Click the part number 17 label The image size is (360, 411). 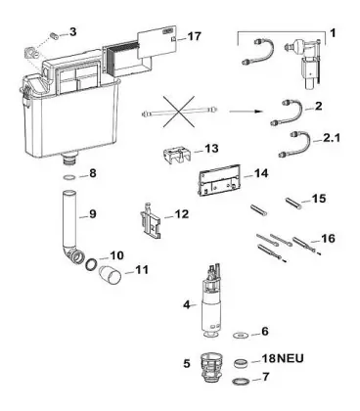pyautogui.click(x=195, y=36)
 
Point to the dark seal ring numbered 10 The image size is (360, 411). pyautogui.click(x=91, y=263)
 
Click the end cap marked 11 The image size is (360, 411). pyautogui.click(x=111, y=275)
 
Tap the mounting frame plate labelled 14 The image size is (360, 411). pyautogui.click(x=219, y=180)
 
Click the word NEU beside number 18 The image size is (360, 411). pyautogui.click(x=291, y=358)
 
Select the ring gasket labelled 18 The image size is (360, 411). pyautogui.click(x=243, y=363)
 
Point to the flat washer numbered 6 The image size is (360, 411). pyautogui.click(x=242, y=335)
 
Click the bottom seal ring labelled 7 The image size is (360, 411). pyautogui.click(x=243, y=381)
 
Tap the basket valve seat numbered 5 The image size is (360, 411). pyautogui.click(x=211, y=368)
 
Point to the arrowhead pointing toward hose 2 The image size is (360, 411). pyautogui.click(x=258, y=112)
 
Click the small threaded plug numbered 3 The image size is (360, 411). pyautogui.click(x=55, y=34)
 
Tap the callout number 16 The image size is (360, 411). pyautogui.click(x=328, y=239)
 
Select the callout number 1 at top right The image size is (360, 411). pyautogui.click(x=333, y=32)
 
